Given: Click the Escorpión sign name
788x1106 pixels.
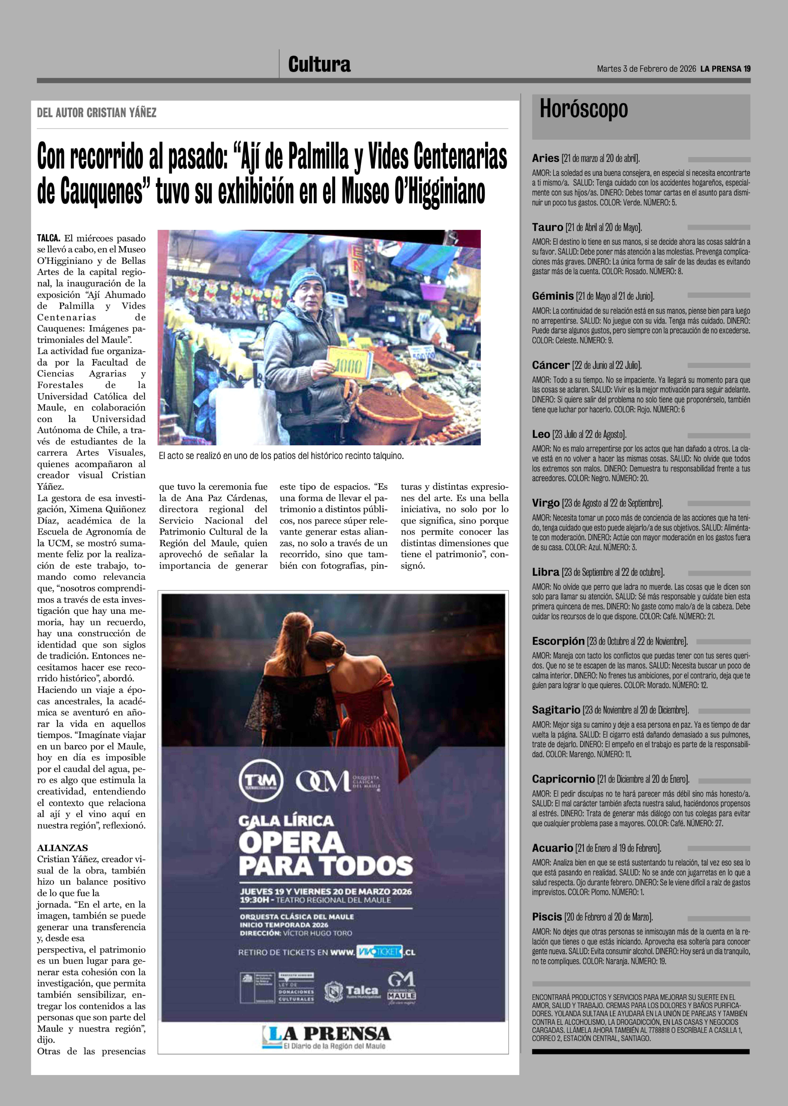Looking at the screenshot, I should [x=558, y=641].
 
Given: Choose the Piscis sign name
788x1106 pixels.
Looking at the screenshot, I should [x=547, y=917].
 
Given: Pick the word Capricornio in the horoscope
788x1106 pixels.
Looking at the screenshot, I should [x=563, y=779].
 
